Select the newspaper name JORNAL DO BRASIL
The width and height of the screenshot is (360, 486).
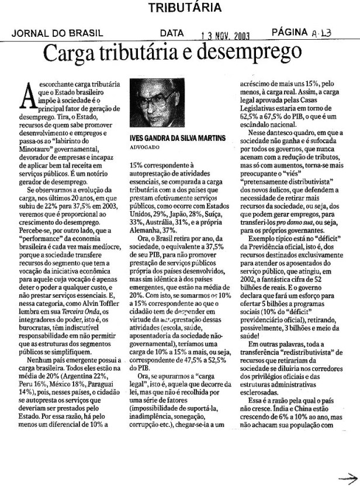click(57, 34)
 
